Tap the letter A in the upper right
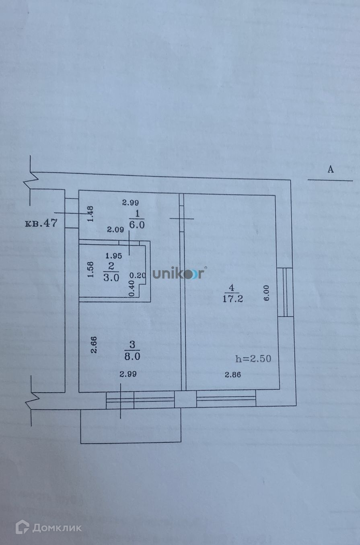pos(330,169)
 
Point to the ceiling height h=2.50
pos(253,358)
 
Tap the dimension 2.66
pos(94,345)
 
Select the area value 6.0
pos(137,224)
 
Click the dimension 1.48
pos(90,213)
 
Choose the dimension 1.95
pos(114,255)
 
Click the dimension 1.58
pos(91,269)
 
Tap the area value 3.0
pos(111,278)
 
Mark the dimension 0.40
pos(131,288)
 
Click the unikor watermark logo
pos(179,274)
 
